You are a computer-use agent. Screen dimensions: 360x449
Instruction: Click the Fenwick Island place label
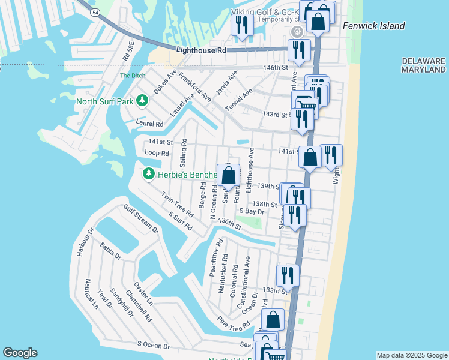tap(373, 26)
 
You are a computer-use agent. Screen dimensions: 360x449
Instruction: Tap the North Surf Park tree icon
tap(143, 101)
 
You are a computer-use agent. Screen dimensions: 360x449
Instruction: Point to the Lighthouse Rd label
tap(201, 51)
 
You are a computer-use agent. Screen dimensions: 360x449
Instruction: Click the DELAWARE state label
tap(424, 61)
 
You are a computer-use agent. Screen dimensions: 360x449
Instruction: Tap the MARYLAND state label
tap(424, 70)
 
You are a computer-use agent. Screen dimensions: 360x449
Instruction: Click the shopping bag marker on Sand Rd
tap(229, 175)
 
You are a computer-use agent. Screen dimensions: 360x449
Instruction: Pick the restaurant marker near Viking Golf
tap(241, 25)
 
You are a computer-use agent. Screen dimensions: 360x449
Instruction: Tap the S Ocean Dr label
tap(154, 346)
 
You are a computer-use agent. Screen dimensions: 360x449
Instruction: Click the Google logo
tap(20, 353)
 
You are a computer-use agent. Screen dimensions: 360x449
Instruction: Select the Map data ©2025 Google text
tap(411, 355)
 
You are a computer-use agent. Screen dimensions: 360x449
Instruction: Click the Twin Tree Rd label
tap(177, 205)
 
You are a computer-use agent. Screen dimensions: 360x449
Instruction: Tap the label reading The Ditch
tap(132, 76)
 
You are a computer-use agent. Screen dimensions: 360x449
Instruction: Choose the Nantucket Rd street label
tap(224, 277)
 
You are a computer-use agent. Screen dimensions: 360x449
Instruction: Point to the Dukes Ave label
tap(164, 81)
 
